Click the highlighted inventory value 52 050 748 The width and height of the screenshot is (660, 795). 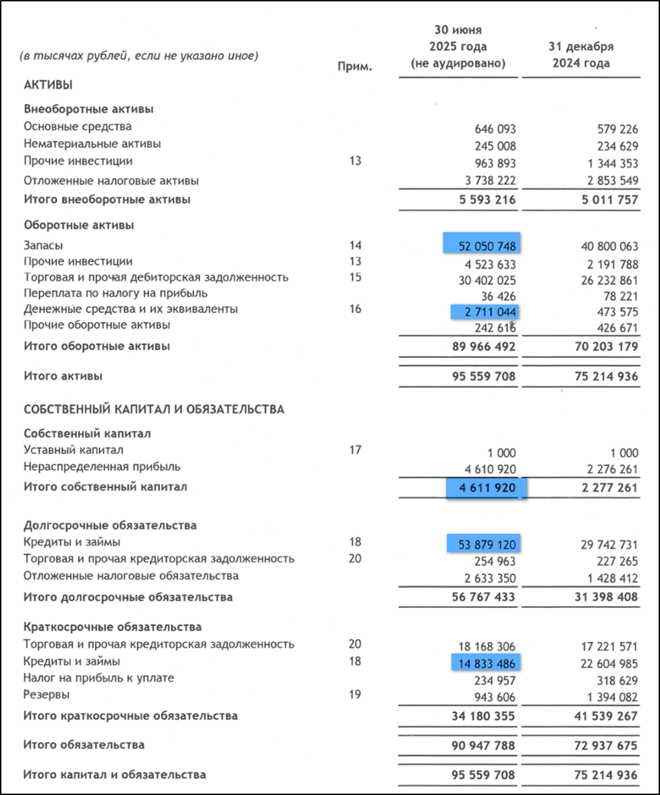click(x=483, y=245)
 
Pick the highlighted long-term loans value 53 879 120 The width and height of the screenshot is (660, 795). click(x=486, y=543)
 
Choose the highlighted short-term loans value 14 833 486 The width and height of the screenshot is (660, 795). click(x=487, y=663)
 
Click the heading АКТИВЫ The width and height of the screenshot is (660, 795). click(x=48, y=85)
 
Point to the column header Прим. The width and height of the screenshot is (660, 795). click(x=354, y=67)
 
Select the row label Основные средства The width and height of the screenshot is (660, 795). click(x=78, y=126)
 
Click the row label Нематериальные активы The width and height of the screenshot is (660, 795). click(x=92, y=144)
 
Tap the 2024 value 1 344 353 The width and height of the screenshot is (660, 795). click(x=607, y=163)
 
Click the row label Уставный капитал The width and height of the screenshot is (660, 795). click(x=74, y=449)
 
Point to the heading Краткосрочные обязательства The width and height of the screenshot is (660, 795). click(x=112, y=627)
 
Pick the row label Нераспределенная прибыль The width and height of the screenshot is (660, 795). click(x=102, y=467)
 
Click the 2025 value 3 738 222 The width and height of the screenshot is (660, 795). click(x=486, y=182)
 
